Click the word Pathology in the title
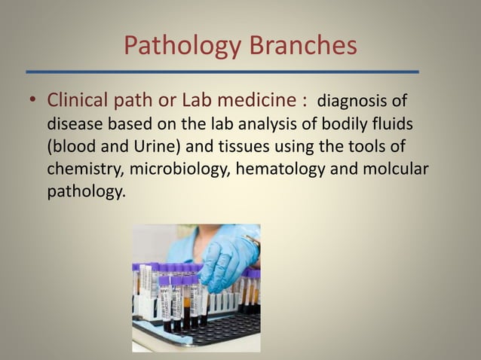pyautogui.click(x=177, y=46)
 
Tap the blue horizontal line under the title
pyautogui.click(x=222, y=72)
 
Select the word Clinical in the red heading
pyautogui.click(x=78, y=100)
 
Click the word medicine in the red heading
pyautogui.click(x=256, y=100)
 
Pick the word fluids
pyautogui.click(x=390, y=123)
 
